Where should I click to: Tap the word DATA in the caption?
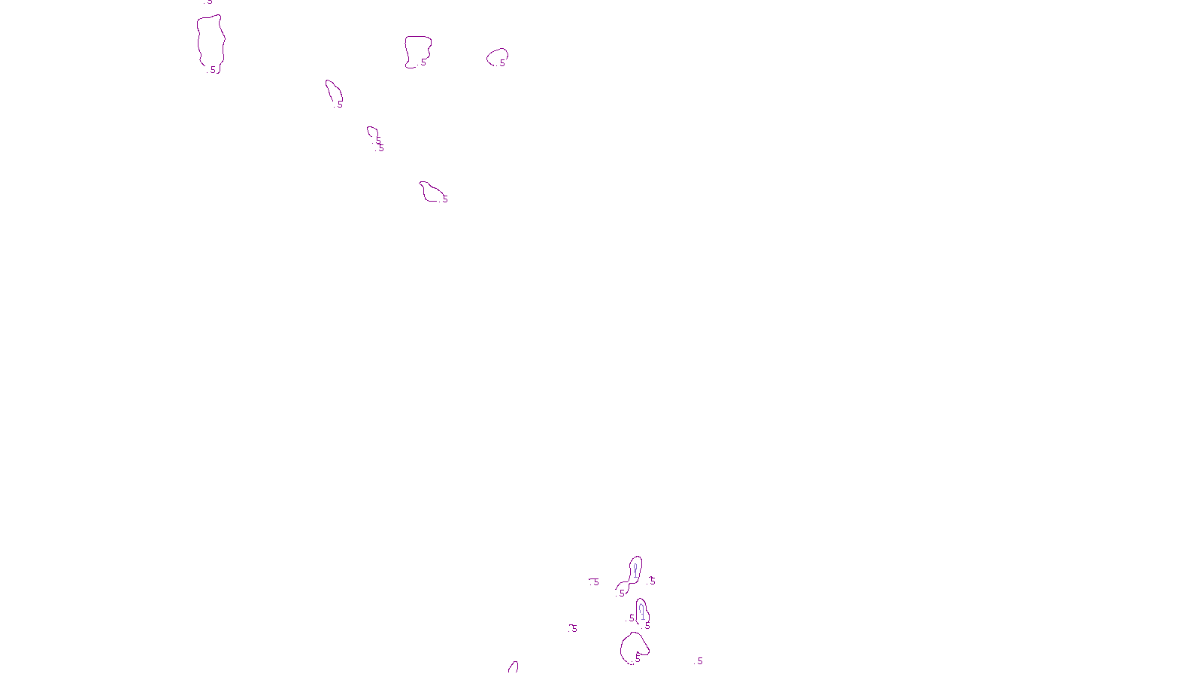635,665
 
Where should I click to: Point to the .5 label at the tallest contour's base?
213,70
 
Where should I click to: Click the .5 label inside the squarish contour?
423,62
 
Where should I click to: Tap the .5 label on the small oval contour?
502,63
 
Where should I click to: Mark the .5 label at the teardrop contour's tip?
339,105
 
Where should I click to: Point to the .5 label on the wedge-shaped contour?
444,199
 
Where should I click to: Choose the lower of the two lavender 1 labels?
642,615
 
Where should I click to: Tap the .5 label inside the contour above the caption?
638,656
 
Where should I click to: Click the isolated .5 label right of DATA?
699,661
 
